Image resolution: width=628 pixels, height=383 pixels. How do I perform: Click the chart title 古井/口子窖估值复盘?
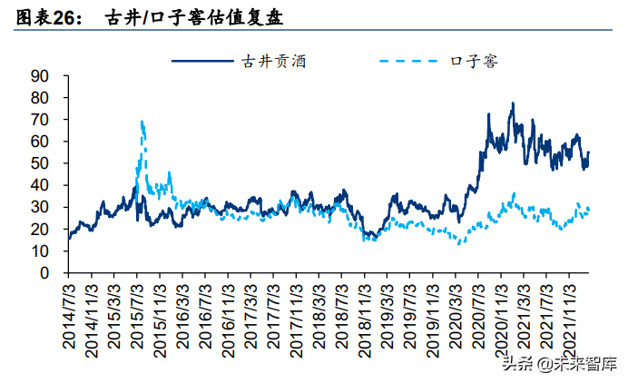coord(194,17)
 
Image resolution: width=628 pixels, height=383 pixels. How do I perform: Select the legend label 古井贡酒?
coord(274,62)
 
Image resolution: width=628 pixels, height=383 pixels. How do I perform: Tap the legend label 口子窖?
coord(475,62)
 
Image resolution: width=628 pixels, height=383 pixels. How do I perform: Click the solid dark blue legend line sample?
coord(202,61)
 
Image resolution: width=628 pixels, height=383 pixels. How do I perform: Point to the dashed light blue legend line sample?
coord(408,61)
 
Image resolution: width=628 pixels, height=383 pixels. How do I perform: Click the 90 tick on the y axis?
coord(39,76)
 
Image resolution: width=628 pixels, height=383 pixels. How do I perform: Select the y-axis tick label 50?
coord(39,163)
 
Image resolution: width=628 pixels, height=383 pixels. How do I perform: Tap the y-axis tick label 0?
coord(44,273)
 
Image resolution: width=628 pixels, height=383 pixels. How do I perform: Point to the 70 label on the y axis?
coord(39,120)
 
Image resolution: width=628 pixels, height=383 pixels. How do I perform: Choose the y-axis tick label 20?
coord(39,229)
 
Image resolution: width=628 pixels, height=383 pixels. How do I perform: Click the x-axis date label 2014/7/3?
coord(68,317)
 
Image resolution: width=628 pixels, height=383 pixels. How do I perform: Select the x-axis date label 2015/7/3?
coord(136,317)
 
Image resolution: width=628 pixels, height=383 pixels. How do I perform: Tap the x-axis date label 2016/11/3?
coord(228,321)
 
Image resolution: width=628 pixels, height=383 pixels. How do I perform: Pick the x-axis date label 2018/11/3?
coord(364,321)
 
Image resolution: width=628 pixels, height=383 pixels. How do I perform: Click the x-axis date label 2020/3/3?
coord(455,317)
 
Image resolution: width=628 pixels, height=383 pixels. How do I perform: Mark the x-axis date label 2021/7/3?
coord(546,317)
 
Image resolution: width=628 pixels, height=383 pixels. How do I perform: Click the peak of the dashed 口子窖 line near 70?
coord(142,121)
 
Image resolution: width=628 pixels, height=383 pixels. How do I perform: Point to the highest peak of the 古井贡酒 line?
coord(512,103)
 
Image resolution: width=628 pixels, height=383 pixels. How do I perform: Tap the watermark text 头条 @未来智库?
coord(560,364)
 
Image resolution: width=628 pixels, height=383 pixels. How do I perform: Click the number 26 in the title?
coord(64,18)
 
